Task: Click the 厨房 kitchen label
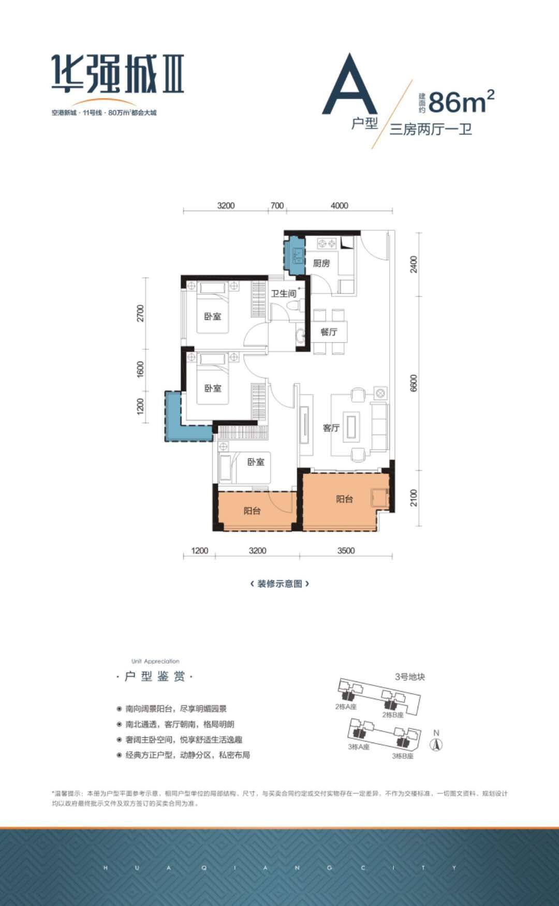pos(321,263)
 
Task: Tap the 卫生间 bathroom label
pos(283,293)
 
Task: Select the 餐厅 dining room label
pos(329,332)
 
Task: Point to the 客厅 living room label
pos(331,428)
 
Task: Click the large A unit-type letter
pos(350,85)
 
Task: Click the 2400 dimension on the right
pos(413,264)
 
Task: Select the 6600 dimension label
pos(413,383)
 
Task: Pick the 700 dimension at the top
pos(277,205)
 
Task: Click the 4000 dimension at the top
pos(339,205)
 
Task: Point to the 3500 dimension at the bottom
pos(346,551)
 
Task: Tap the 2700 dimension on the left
pos(140,313)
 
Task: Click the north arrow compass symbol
pos(437,745)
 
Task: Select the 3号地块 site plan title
pos(409,677)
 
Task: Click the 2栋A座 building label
pos(345,707)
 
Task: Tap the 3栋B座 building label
pos(402,756)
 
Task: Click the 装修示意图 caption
pos(279,584)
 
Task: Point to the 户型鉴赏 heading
pos(155,676)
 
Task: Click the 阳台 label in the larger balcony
pos(344,499)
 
